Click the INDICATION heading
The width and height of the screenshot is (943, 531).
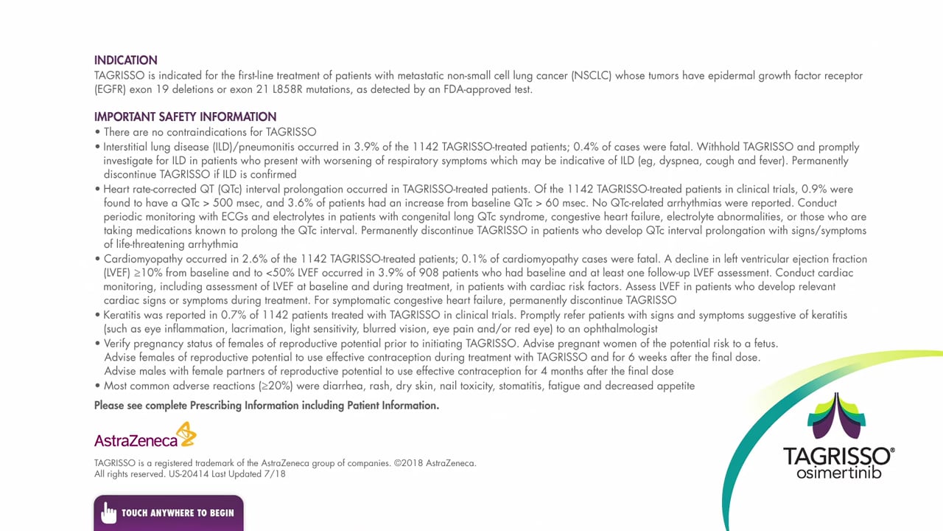[x=125, y=60]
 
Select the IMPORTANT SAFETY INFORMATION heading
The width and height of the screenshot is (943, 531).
[x=185, y=117]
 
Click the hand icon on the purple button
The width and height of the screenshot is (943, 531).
[x=109, y=513]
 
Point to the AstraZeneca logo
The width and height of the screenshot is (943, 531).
[x=145, y=436]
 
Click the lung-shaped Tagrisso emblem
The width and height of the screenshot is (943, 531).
[x=837, y=417]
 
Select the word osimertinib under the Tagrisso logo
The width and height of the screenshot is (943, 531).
[x=838, y=472]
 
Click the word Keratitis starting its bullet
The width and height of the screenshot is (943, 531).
[x=125, y=315]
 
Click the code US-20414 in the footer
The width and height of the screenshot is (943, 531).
[x=188, y=474]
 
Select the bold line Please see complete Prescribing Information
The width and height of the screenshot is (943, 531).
[x=266, y=405]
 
